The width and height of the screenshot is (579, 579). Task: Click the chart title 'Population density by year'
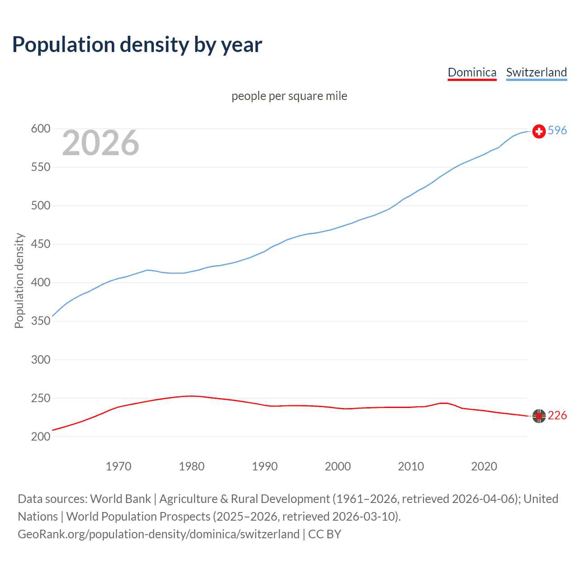click(137, 45)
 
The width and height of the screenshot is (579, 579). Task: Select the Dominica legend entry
click(472, 72)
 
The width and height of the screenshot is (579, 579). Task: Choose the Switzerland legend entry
click(536, 72)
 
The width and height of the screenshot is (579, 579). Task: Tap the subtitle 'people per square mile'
click(289, 96)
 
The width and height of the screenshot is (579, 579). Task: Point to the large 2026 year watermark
click(100, 143)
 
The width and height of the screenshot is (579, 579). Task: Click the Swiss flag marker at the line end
click(539, 131)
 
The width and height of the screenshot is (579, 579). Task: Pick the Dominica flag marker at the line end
click(539, 416)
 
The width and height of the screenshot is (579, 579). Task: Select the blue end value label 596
click(557, 130)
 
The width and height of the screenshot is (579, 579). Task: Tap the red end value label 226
click(557, 415)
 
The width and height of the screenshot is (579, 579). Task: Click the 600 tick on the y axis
click(40, 129)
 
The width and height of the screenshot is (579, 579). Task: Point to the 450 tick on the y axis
click(40, 244)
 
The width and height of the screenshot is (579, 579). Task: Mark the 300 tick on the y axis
click(40, 360)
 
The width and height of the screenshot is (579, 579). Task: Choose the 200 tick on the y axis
click(40, 437)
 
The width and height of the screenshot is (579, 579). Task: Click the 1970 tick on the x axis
click(119, 466)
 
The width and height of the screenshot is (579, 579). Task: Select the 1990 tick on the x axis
click(265, 466)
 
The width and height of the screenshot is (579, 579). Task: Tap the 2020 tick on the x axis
click(484, 466)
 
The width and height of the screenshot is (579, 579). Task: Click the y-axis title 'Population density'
click(19, 280)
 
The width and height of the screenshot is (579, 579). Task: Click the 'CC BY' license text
click(324, 534)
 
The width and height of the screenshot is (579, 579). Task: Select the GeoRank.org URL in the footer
click(158, 534)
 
